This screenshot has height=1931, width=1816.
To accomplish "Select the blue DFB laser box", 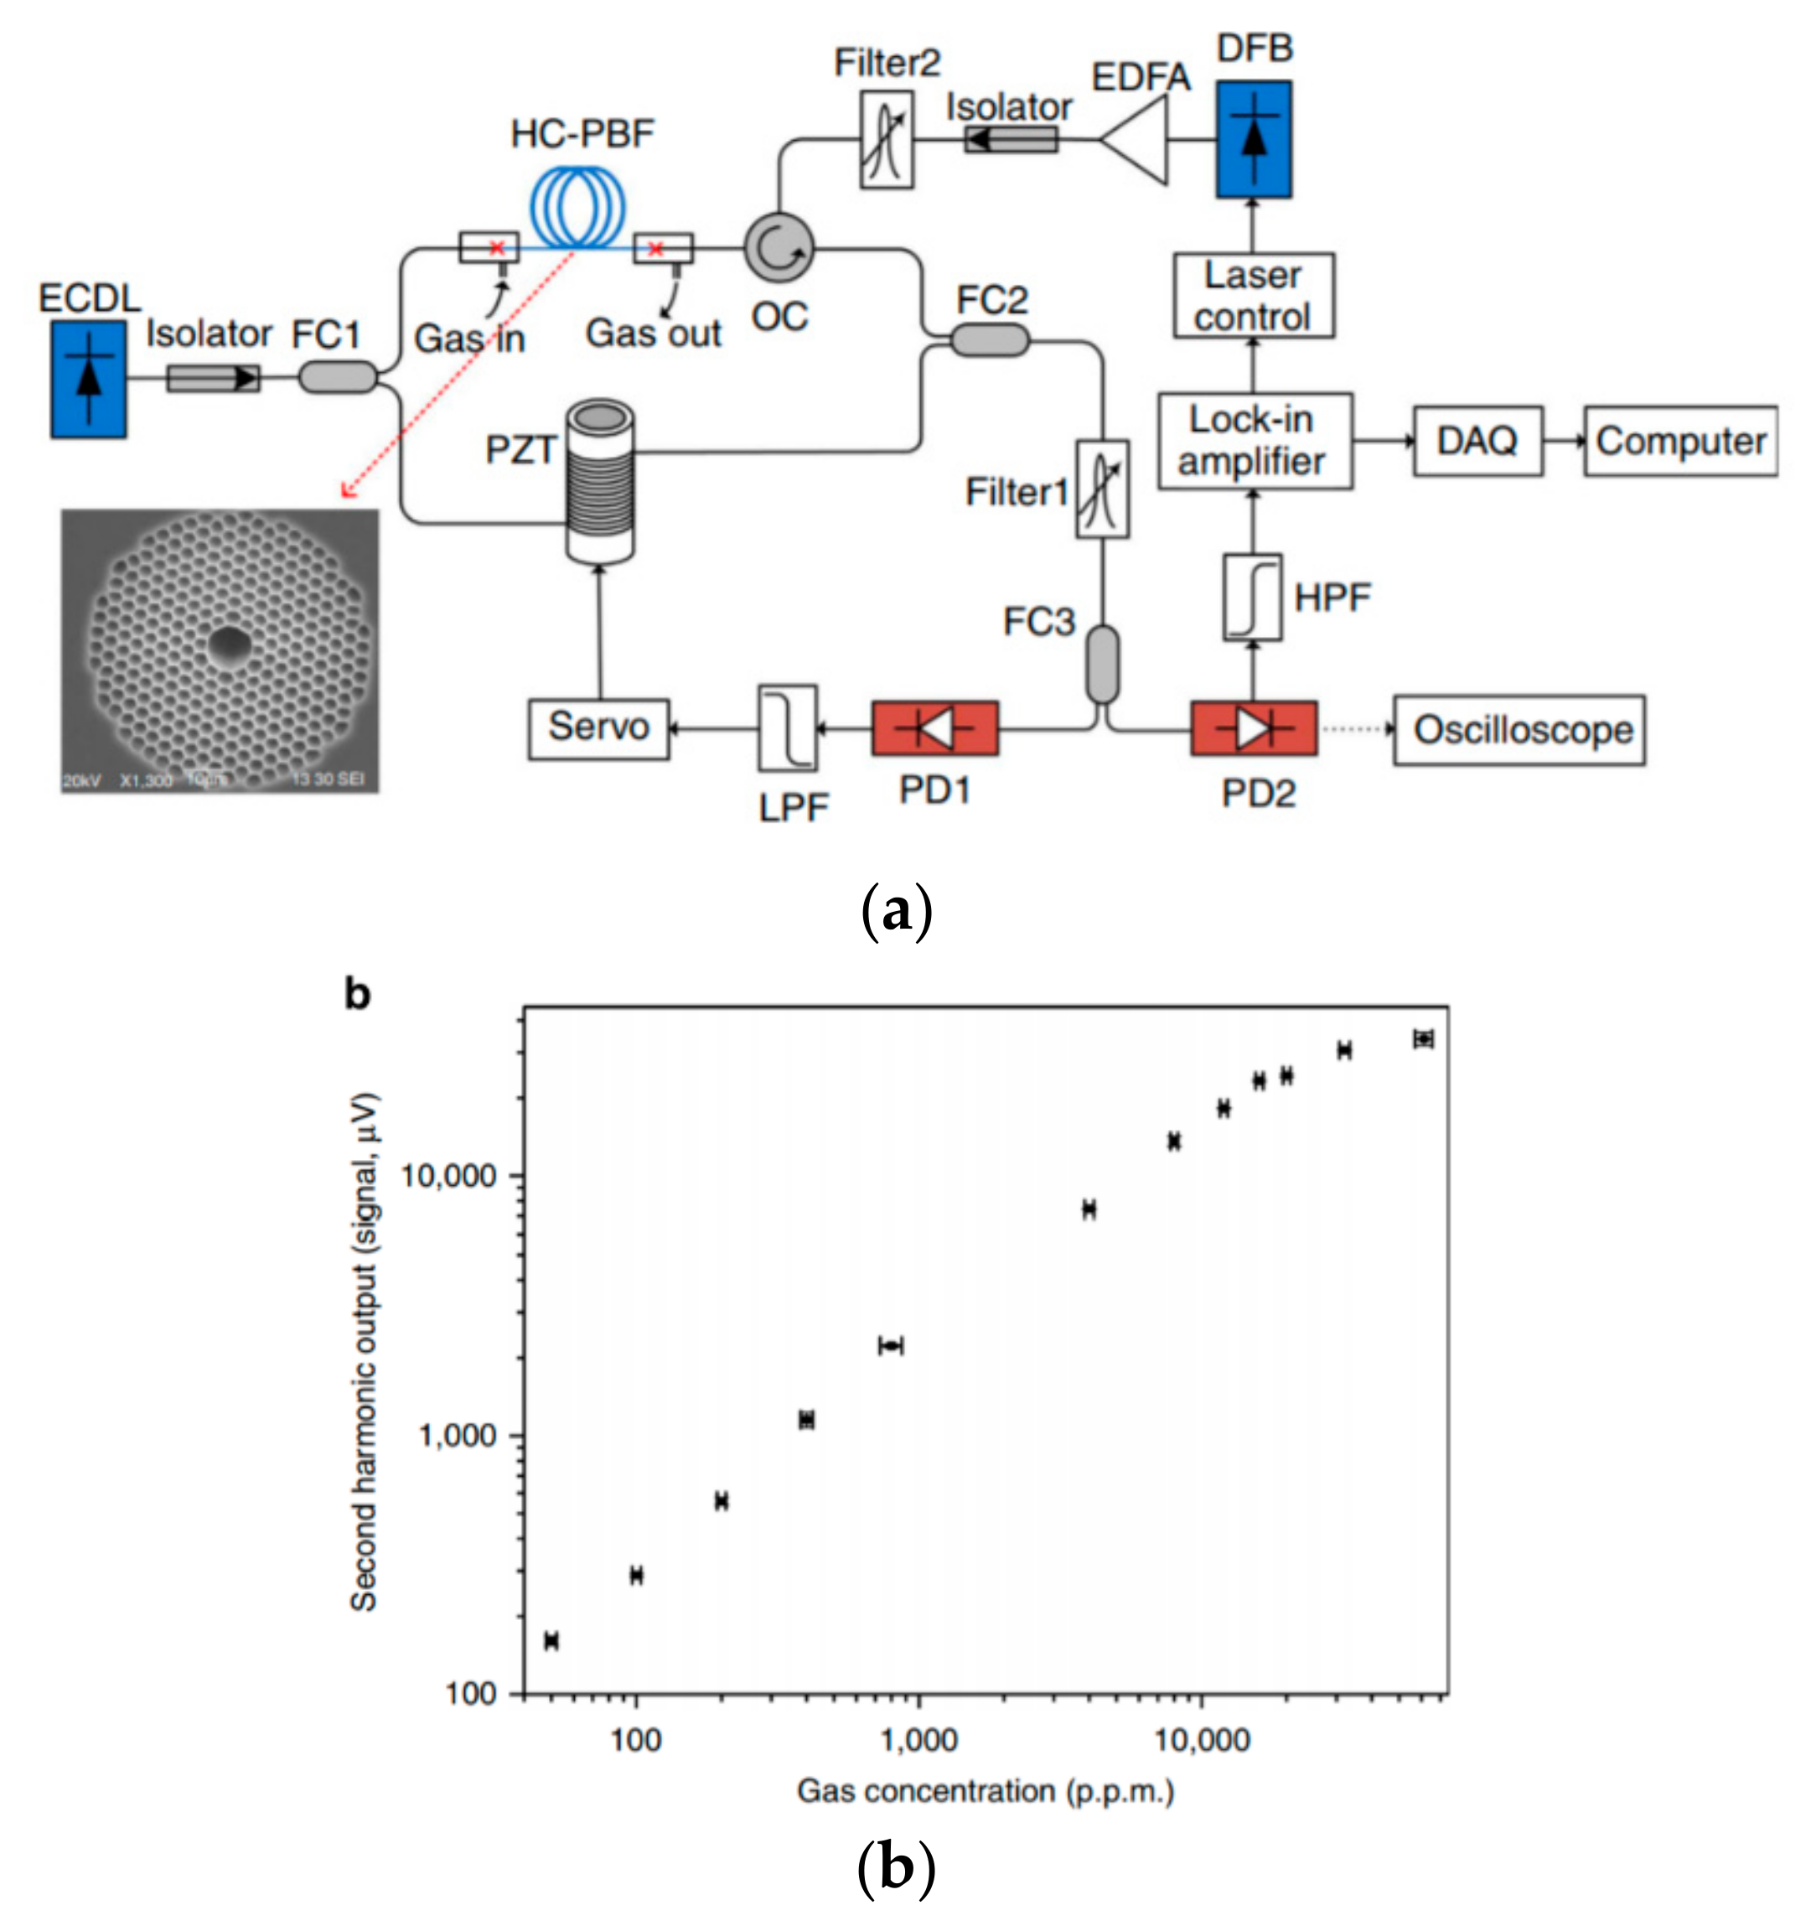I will click(1254, 139).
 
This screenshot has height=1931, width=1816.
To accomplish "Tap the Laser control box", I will click(1253, 296).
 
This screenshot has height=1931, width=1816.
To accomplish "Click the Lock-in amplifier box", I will click(1254, 441).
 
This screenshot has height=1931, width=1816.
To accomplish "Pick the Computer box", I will click(1680, 441).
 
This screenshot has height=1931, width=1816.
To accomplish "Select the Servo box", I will click(598, 728).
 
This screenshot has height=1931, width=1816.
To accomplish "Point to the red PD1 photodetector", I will click(934, 728).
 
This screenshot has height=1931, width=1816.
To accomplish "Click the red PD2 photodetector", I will click(1254, 728).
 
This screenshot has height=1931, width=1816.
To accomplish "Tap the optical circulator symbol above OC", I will click(779, 248).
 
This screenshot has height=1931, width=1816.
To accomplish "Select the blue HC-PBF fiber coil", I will click(577, 206).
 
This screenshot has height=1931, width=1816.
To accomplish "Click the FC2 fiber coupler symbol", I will click(989, 340).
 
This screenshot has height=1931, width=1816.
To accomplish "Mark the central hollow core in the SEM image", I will click(229, 643).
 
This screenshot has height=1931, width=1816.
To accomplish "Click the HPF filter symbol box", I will click(1252, 598).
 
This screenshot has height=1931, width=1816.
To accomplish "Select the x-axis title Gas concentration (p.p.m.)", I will click(985, 1790).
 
